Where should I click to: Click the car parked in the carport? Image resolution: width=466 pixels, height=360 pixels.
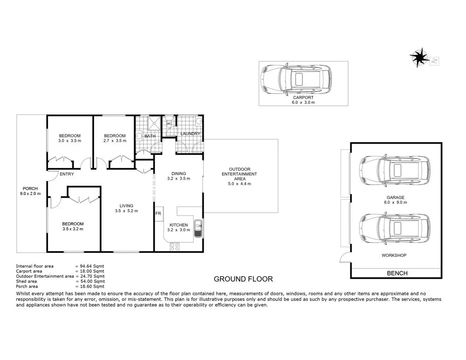click(x=296, y=79)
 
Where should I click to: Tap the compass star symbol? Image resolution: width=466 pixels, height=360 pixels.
click(x=419, y=57)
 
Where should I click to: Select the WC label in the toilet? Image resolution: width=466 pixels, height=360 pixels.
click(x=169, y=124)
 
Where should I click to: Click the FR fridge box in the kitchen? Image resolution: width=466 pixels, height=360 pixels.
click(x=158, y=214)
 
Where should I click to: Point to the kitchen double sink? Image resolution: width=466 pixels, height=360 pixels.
click(x=198, y=228)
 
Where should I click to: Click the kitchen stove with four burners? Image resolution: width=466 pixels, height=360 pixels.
click(x=174, y=247)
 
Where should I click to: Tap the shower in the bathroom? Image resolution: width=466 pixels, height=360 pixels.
click(x=154, y=123)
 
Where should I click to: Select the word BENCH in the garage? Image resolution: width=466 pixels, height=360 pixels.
click(x=397, y=273)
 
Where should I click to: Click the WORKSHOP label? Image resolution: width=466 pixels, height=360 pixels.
click(x=394, y=255)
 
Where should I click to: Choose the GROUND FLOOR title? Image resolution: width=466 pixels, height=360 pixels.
click(x=243, y=279)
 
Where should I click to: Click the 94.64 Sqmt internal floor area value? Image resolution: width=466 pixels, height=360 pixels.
click(x=92, y=266)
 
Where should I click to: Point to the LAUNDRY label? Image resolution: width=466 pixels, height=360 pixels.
click(x=190, y=134)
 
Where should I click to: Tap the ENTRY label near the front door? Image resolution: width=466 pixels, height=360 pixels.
click(x=67, y=174)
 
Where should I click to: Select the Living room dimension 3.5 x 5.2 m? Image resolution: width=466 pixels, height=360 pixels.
click(x=126, y=211)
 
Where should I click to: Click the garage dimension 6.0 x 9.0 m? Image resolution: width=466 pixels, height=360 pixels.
click(x=395, y=202)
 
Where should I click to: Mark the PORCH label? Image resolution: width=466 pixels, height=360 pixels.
click(x=30, y=189)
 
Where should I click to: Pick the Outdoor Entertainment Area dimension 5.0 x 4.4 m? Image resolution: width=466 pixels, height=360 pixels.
click(x=240, y=184)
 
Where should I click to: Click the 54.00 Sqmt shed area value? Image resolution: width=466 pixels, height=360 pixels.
click(x=93, y=281)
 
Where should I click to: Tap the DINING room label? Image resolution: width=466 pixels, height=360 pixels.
click(x=178, y=174)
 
